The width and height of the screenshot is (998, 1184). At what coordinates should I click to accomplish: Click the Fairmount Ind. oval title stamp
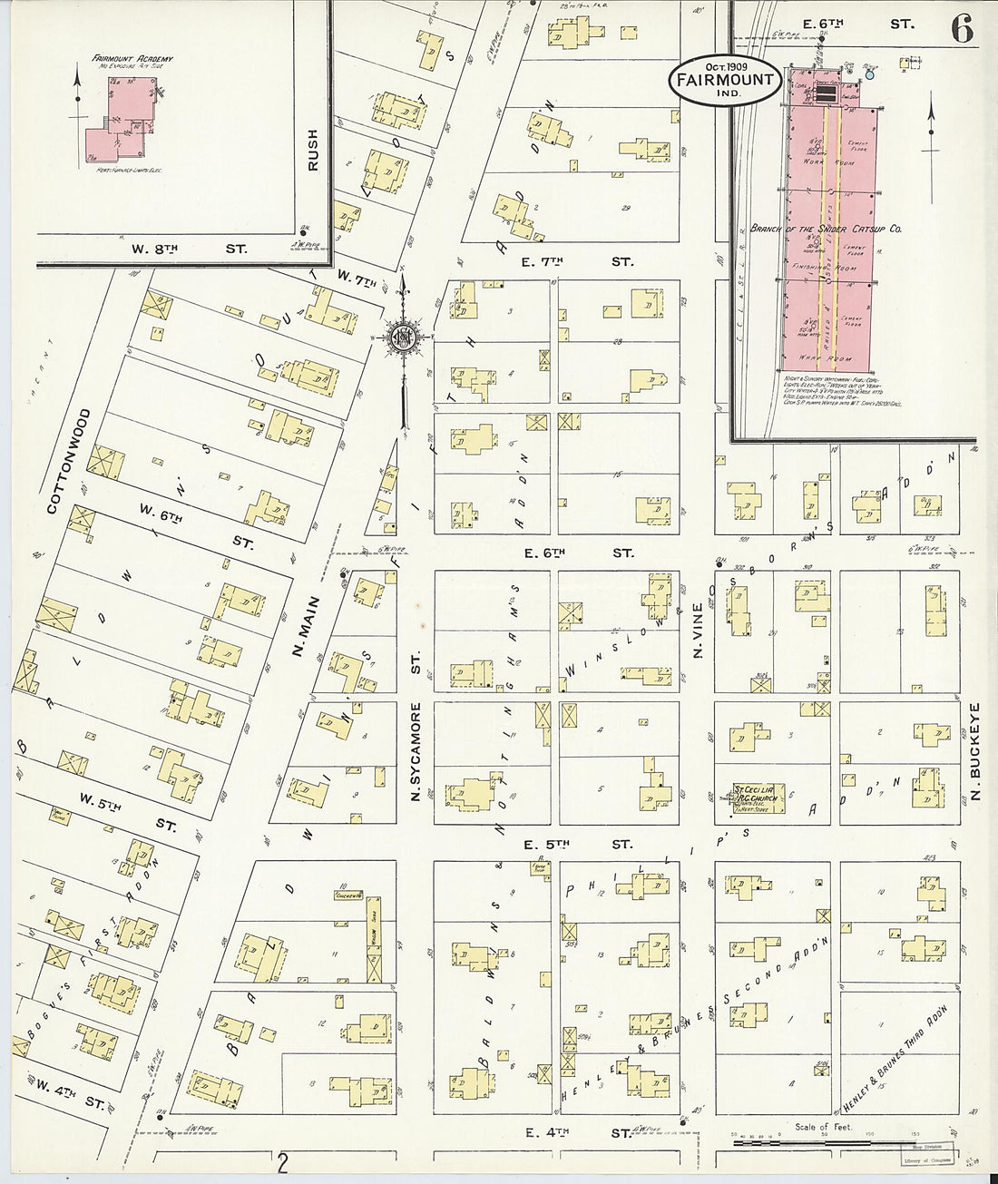(x=723, y=80)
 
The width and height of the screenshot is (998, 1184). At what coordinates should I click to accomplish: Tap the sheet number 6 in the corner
(x=963, y=28)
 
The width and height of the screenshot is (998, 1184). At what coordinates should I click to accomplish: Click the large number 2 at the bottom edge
(x=284, y=1161)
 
